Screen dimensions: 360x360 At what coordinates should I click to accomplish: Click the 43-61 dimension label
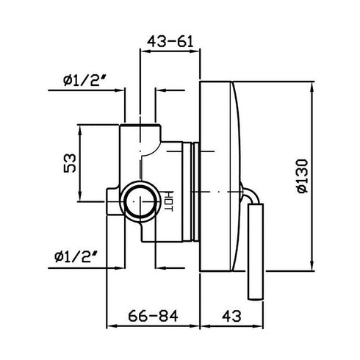[170, 43]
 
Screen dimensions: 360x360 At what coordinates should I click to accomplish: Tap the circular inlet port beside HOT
[140, 201]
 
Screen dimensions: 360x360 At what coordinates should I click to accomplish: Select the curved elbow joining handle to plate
[251, 197]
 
